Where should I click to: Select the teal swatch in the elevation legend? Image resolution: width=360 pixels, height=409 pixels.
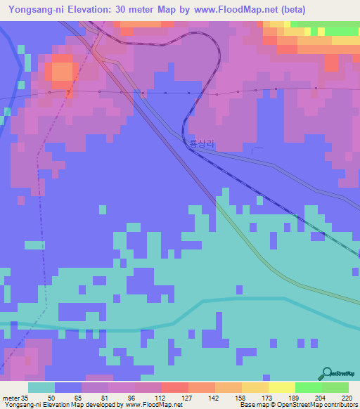pos(41,387)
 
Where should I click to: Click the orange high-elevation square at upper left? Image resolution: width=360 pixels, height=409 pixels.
pos(62,71)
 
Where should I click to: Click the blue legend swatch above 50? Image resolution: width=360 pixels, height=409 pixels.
pos(68,387)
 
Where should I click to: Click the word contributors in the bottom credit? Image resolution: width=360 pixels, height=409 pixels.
pos(340,405)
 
